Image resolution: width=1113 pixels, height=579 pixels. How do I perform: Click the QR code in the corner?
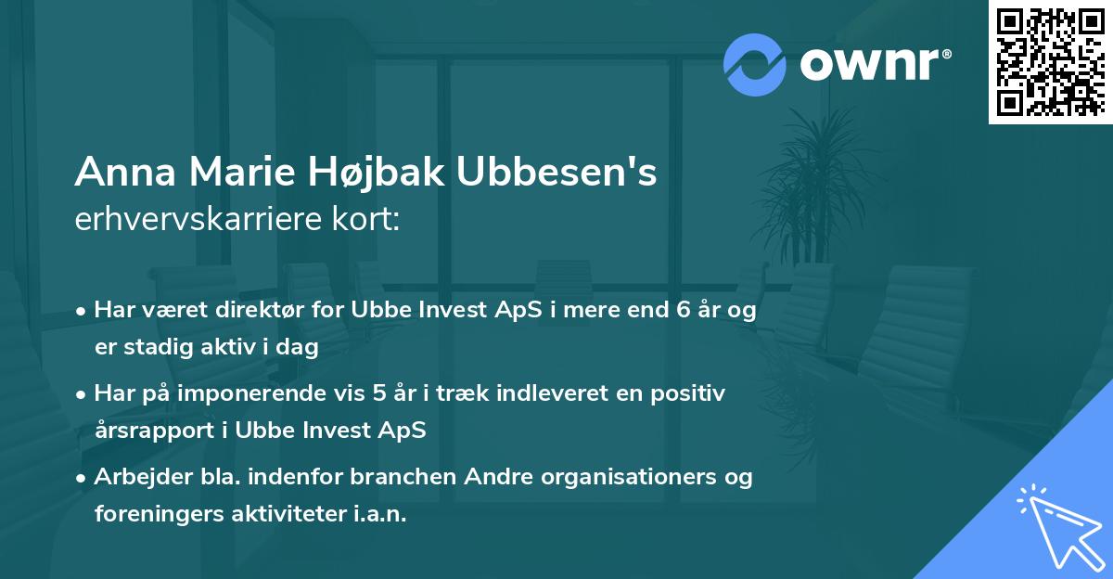[x=1050, y=61]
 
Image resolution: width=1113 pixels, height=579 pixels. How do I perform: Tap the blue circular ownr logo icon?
[x=755, y=64]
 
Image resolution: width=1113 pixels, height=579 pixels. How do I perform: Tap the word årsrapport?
[x=153, y=431]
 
